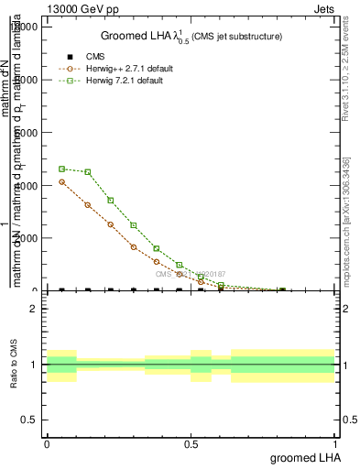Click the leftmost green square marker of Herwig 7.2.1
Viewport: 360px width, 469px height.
62,169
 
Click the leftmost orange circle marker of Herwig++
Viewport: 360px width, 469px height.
62,181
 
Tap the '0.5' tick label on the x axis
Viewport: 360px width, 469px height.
191,443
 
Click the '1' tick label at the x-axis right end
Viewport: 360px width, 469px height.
335,443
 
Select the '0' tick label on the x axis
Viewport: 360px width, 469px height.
47,443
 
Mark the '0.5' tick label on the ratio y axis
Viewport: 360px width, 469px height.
27,420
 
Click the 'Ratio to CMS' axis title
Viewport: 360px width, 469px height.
14,365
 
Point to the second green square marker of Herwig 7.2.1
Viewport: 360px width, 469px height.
88,172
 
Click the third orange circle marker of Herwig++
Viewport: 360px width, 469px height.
111,224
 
